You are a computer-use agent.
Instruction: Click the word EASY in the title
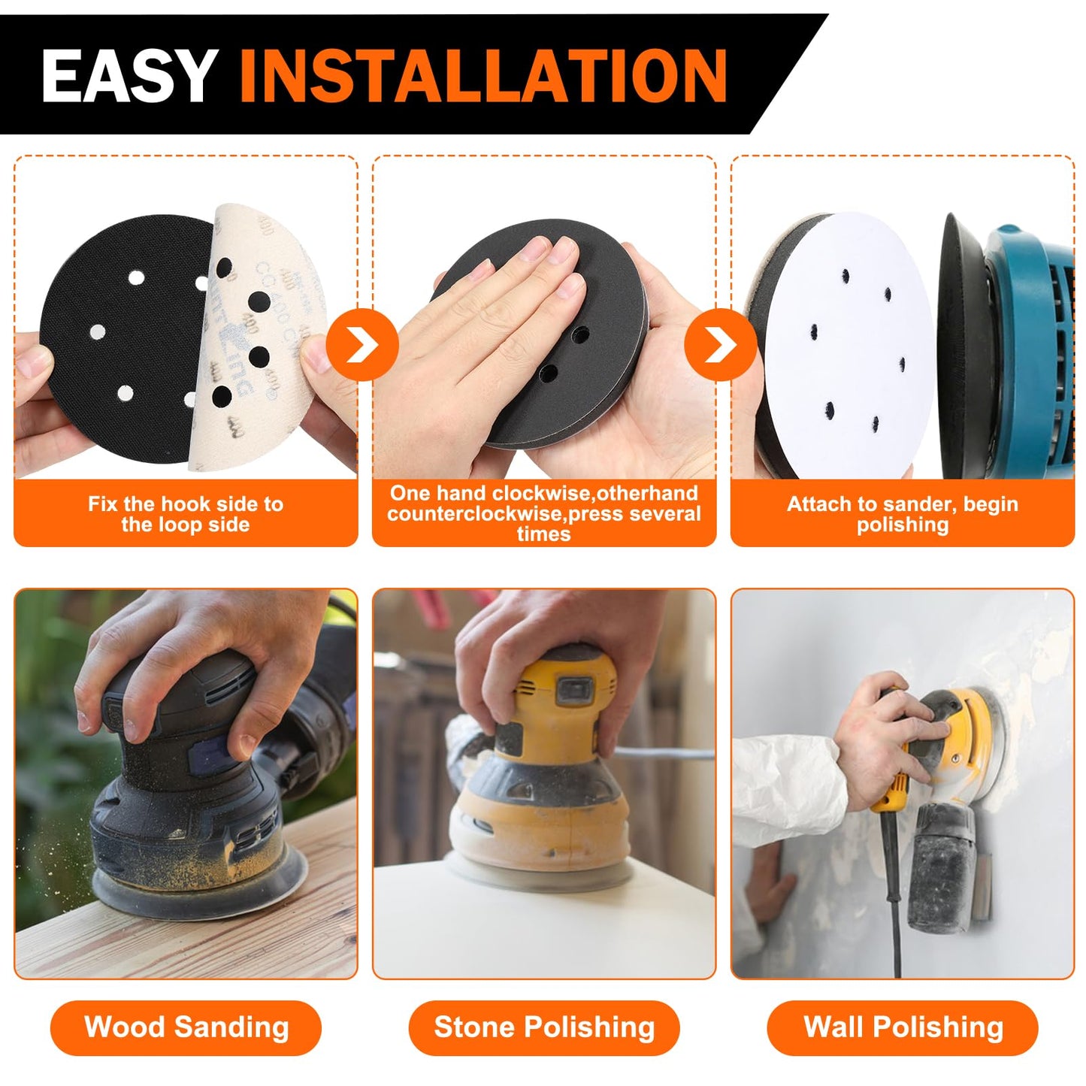pyautogui.click(x=129, y=75)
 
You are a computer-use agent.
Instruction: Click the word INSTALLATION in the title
pyautogui.click(x=482, y=75)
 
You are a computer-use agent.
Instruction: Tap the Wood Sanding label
pyautogui.click(x=186, y=1027)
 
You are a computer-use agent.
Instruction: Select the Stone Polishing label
pyautogui.click(x=544, y=1027)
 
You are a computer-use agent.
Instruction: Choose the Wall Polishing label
pyautogui.click(x=903, y=1027)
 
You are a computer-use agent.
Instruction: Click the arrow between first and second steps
pyautogui.click(x=362, y=344)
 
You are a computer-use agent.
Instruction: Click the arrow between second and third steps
pyautogui.click(x=720, y=344)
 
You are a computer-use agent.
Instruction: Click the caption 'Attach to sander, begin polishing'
pyautogui.click(x=903, y=514)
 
